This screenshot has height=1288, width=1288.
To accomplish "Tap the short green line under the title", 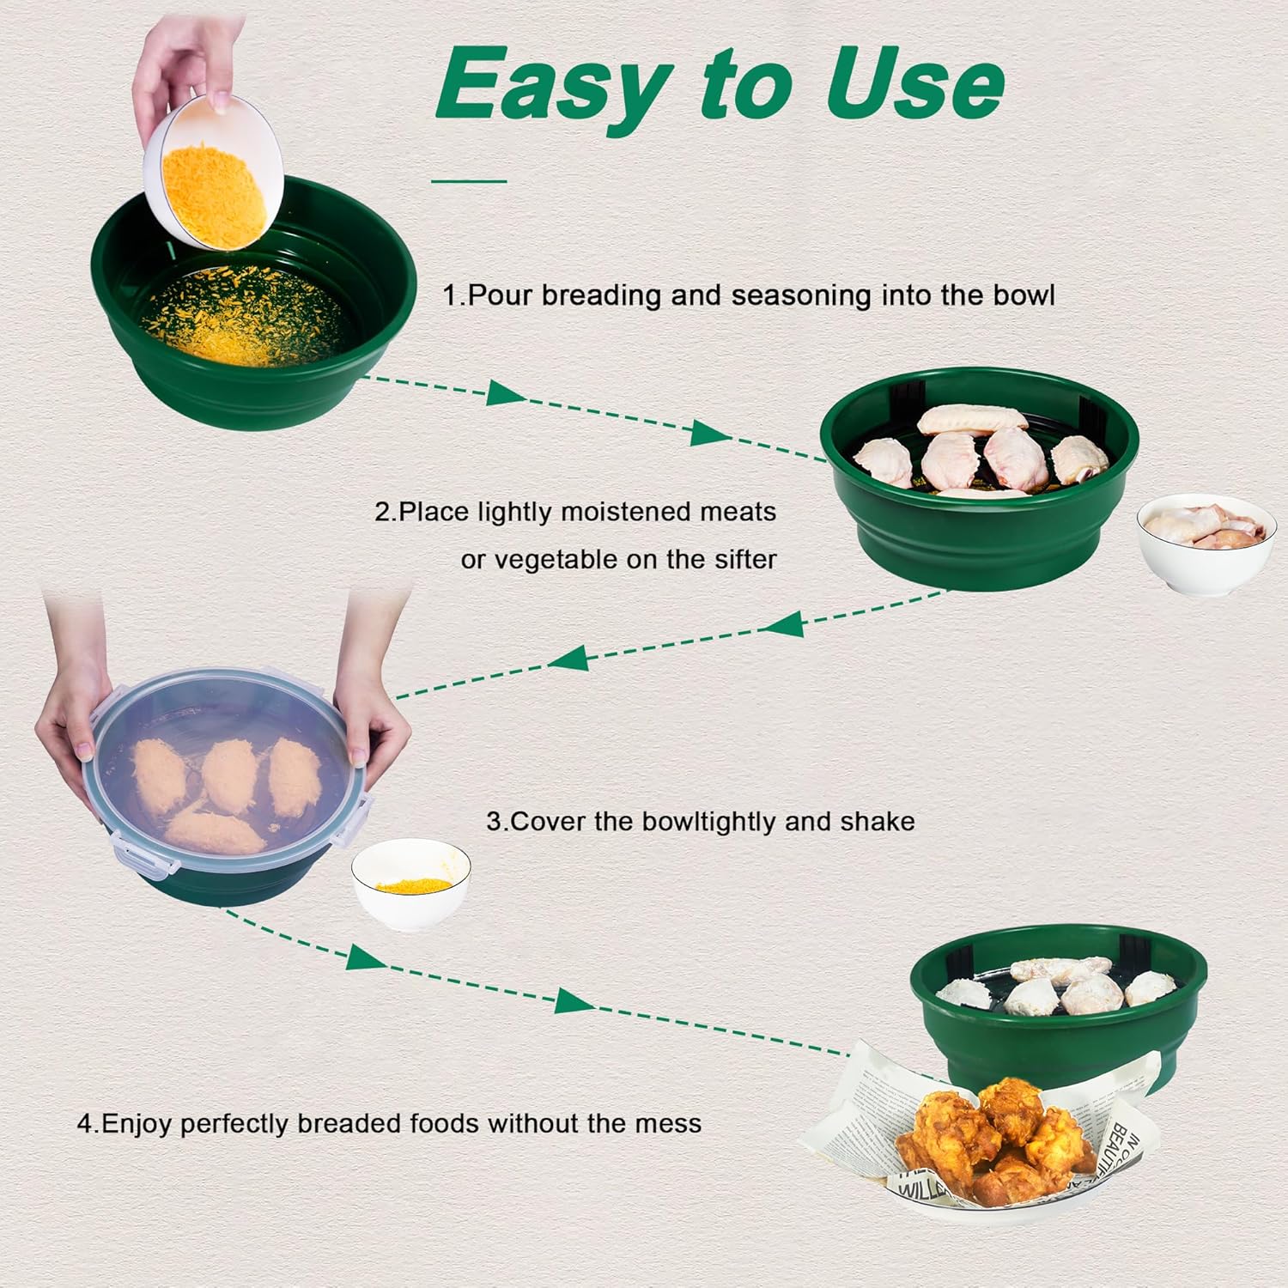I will coord(469,181).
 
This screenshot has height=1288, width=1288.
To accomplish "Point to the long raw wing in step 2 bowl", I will coord(972,420).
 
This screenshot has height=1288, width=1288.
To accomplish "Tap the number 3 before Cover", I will coord(494,822).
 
